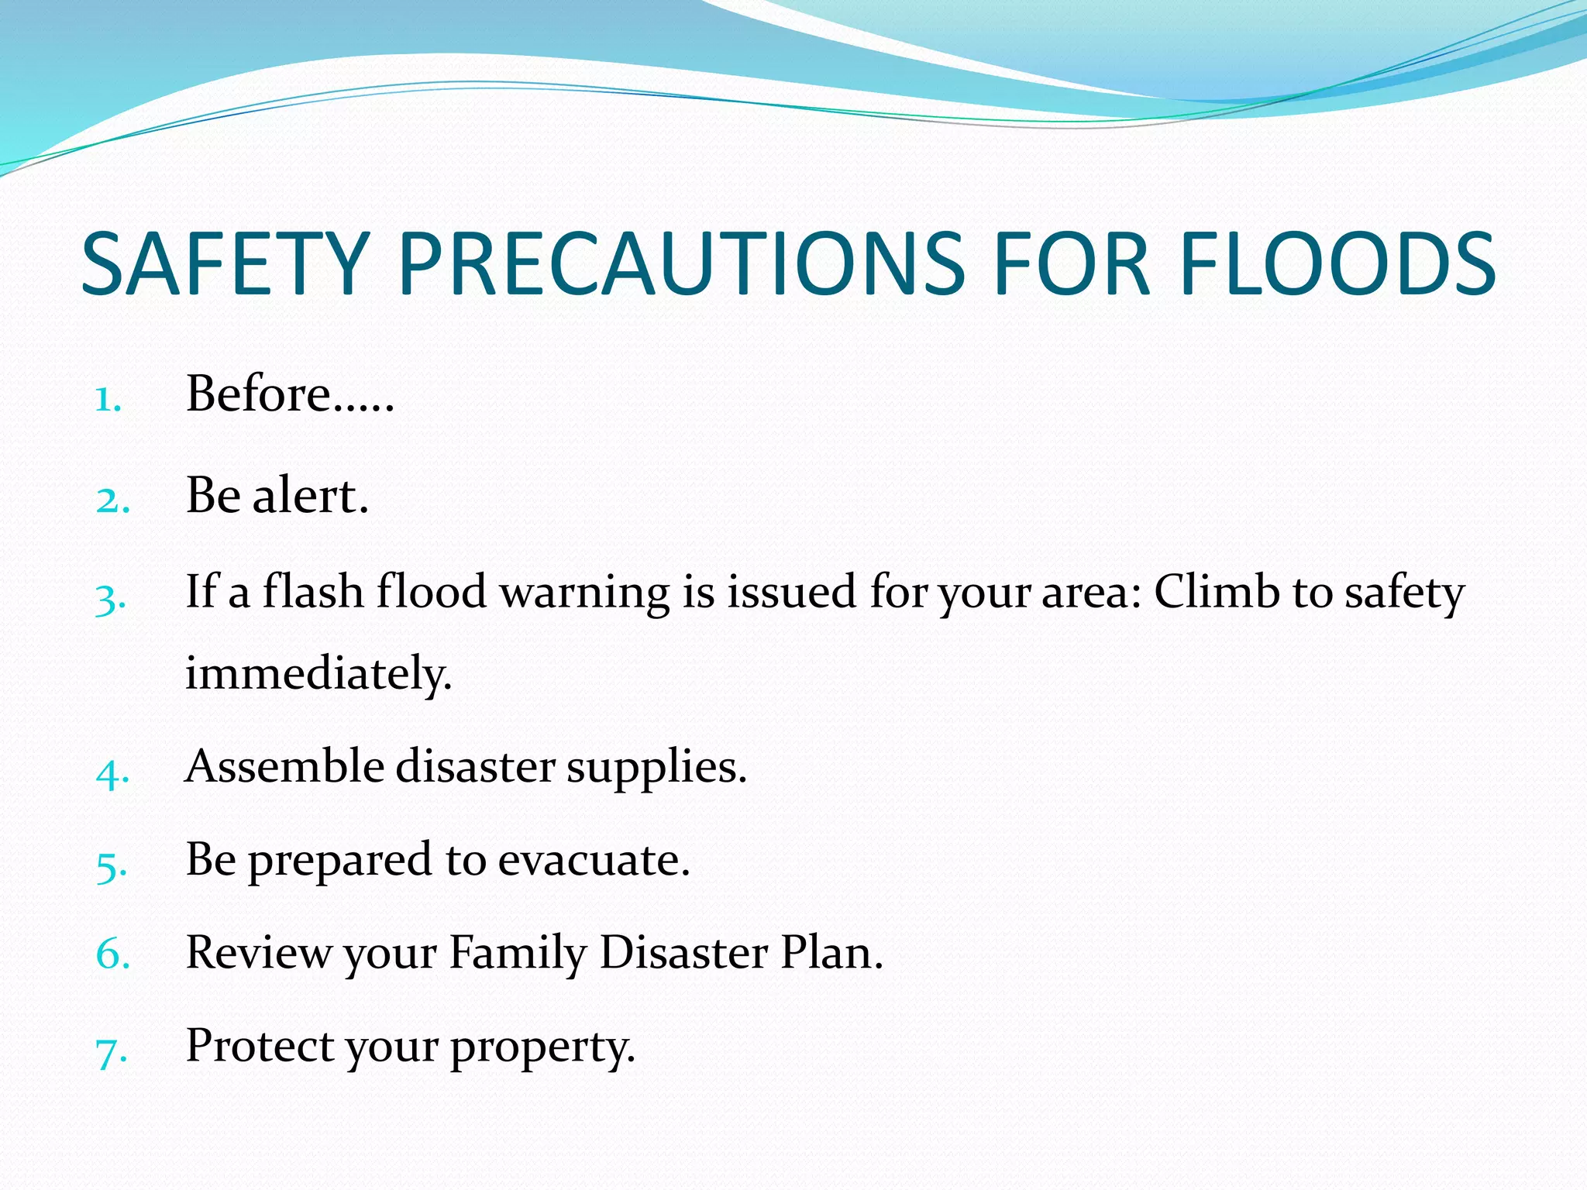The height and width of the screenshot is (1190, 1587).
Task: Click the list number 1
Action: pos(108,401)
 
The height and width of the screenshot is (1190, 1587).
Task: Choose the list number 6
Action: pos(112,954)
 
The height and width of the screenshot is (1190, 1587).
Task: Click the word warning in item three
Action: pos(584,593)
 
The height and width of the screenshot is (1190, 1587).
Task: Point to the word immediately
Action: pos(318,674)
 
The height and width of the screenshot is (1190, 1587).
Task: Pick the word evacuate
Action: pos(594,860)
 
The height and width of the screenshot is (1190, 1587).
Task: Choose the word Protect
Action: pos(260,1046)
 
